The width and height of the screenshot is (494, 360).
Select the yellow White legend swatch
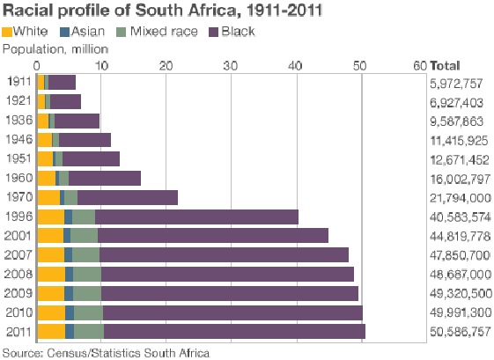[7, 32]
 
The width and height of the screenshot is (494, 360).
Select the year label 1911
[18, 83]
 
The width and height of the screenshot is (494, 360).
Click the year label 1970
[18, 197]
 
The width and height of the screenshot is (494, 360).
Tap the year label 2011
[18, 331]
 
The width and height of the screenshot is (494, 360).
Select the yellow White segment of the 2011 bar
[51, 331]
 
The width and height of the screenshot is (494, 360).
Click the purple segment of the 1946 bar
[85, 140]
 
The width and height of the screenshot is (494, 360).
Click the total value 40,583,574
[460, 217]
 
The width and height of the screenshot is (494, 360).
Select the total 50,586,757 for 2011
[460, 331]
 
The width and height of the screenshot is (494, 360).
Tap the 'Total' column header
[446, 65]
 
